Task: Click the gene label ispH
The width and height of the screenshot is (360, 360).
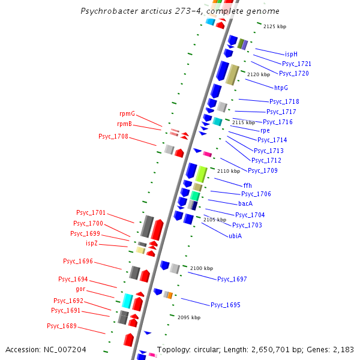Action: click(x=291, y=54)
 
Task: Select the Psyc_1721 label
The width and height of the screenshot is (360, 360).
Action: click(x=296, y=64)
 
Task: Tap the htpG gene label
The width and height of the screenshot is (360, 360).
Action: click(x=281, y=88)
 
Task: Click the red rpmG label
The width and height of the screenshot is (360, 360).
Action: click(x=127, y=113)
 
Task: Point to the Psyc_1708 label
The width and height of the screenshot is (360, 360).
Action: click(x=113, y=136)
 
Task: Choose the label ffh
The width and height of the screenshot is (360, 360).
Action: click(x=248, y=185)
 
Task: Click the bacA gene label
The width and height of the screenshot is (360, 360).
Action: click(x=246, y=203)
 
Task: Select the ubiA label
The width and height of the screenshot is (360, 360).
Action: click(x=235, y=236)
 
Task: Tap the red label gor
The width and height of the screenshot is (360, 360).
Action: click(x=80, y=289)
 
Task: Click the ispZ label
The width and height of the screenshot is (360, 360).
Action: click(x=92, y=243)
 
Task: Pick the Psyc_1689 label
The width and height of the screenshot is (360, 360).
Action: click(x=62, y=326)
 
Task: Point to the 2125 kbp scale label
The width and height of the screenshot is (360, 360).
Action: click(x=275, y=26)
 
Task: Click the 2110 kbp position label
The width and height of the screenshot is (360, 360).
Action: click(x=229, y=171)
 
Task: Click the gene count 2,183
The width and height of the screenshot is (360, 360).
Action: click(x=340, y=349)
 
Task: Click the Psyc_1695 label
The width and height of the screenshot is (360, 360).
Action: click(x=226, y=305)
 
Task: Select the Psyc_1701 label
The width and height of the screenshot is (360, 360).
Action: click(x=91, y=212)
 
